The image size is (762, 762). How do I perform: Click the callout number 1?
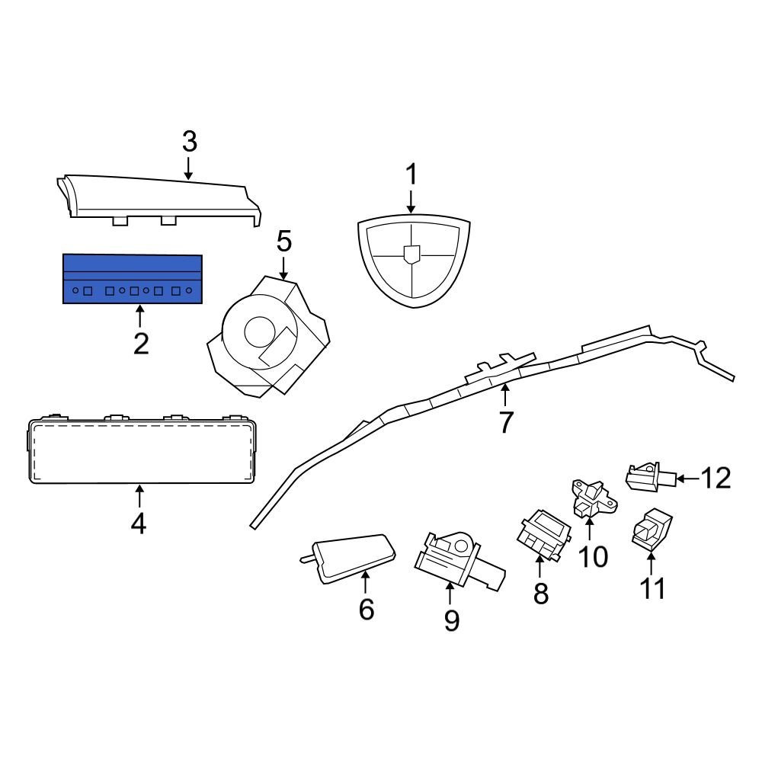pos(411,175)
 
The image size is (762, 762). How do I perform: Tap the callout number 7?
pos(505,421)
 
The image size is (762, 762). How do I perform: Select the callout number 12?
pos(716,479)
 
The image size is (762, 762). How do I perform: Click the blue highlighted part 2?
pos(132,279)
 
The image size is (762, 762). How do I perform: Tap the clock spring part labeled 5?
pos(267,335)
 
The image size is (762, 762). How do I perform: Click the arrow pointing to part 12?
pos(686,479)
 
